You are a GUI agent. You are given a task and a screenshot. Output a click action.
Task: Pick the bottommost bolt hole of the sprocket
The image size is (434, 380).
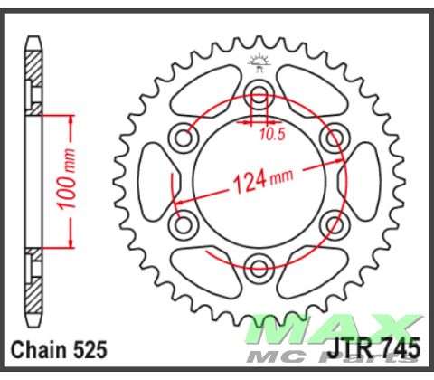(x=259, y=266)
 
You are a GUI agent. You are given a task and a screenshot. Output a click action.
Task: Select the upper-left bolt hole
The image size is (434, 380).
(x=186, y=138)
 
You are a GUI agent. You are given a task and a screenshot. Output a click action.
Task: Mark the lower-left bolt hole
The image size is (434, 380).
(x=186, y=223)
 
